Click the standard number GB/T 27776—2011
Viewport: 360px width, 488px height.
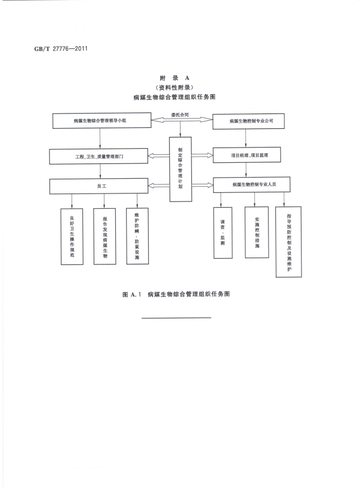pos(61,49)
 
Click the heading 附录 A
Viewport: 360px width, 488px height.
pos(174,78)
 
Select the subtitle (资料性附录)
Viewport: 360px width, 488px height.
pos(174,87)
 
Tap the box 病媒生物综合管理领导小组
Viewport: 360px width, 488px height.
pos(102,120)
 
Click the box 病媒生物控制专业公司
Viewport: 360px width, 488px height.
pos(249,121)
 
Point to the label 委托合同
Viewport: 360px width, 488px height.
pos(180,115)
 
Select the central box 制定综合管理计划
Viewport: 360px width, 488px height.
pos(181,169)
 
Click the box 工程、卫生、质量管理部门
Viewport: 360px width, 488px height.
pos(99,156)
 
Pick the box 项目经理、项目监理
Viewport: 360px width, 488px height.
pos(246,155)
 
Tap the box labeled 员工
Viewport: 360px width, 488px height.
pos(99,186)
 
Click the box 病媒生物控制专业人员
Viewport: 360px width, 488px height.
pos(252,184)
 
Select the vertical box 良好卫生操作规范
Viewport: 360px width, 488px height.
pos(72,237)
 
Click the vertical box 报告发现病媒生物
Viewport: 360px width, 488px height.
pos(105,237)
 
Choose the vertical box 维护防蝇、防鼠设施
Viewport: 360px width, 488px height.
pos(137,236)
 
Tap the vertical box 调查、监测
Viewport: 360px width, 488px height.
pos(223,233)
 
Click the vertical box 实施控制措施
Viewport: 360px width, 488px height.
pos(257,232)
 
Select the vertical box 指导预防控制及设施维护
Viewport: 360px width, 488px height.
pos(288,242)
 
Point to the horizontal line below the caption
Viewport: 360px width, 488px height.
pos(176,318)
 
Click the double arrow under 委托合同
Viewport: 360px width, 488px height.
pos(182,120)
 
